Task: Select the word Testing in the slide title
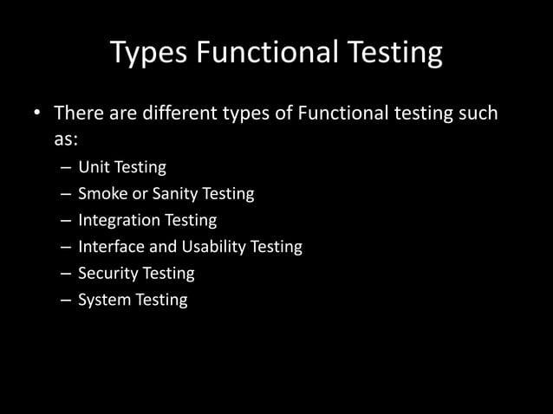click(x=395, y=54)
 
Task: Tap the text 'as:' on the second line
click(x=67, y=139)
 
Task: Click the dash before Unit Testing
click(x=67, y=168)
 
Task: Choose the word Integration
click(x=117, y=220)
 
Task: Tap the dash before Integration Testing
click(x=67, y=221)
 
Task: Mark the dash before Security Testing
click(x=67, y=274)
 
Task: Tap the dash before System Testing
click(x=67, y=301)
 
